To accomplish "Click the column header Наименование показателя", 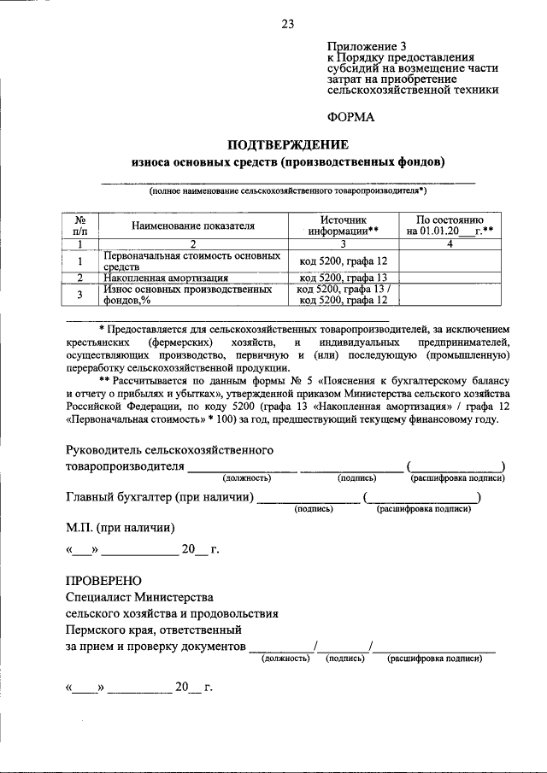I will click(x=193, y=225).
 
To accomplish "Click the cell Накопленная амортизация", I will click(x=166, y=278).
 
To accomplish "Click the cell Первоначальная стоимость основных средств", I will click(x=191, y=261).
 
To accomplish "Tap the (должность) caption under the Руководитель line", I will click(x=247, y=478).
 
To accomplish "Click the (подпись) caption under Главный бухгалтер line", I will click(x=313, y=508).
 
